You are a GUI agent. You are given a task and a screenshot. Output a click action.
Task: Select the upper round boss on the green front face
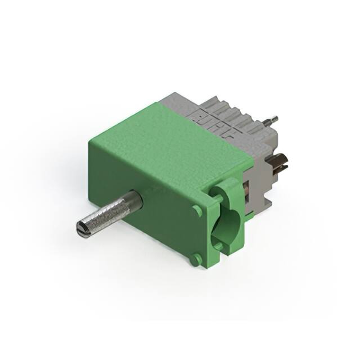coord(196,210)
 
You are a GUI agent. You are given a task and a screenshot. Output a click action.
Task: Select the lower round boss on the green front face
coord(195,259)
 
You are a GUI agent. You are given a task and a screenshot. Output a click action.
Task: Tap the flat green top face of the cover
coord(169,135)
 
